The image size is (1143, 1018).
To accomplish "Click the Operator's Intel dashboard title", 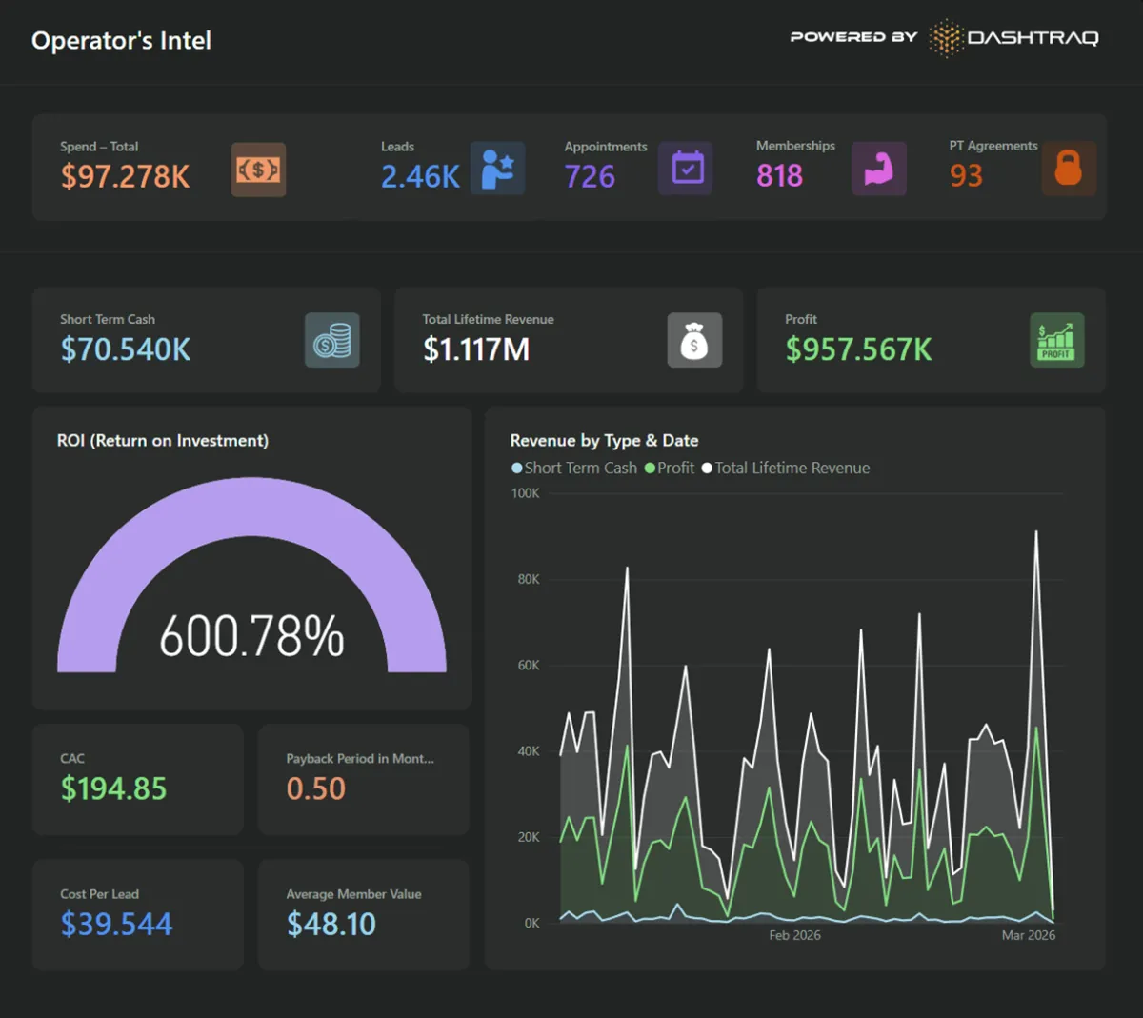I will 121,41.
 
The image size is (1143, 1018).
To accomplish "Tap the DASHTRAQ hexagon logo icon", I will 945,38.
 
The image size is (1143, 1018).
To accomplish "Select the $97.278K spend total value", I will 125,176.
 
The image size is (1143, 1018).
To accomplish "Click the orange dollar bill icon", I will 258,170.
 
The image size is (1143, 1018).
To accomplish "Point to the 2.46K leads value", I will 420,176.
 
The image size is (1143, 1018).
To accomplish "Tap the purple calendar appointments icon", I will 687,169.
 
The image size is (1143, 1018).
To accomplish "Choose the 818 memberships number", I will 779,176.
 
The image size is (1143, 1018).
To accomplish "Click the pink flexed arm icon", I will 878,169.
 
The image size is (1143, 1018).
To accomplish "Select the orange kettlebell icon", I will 1069,169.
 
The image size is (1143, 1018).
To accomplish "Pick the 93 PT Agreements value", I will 966,176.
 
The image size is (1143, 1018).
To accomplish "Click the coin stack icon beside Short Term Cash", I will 332,340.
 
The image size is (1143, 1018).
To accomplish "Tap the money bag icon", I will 694,340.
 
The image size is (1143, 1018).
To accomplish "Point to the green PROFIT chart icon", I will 1056,340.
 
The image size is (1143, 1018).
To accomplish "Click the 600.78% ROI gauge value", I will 251,636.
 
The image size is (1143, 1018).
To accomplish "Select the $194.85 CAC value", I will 113,788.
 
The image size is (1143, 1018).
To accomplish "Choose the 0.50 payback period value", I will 315,788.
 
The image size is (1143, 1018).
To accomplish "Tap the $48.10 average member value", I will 331,924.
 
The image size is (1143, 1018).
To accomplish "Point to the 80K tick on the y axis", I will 529,579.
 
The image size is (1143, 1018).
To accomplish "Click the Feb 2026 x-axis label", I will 794,935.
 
